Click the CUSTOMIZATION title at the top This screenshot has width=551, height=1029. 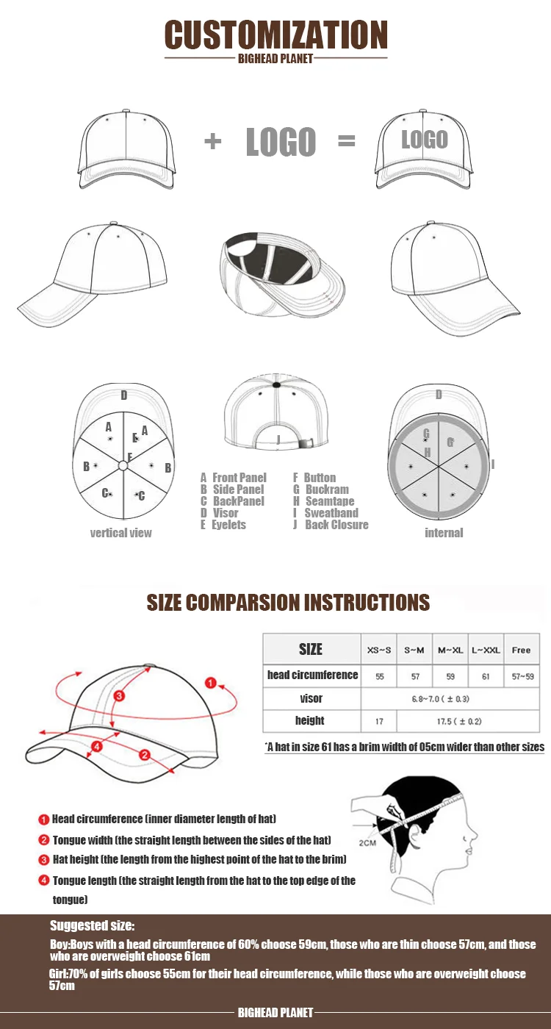(x=275, y=35)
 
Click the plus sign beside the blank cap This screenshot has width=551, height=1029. (x=212, y=141)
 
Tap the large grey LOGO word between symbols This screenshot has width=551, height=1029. (x=281, y=142)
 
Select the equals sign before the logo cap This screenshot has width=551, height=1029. (x=346, y=141)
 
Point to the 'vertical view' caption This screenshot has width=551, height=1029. (x=120, y=533)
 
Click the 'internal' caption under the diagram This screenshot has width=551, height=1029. (x=444, y=533)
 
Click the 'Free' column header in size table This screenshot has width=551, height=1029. (x=521, y=650)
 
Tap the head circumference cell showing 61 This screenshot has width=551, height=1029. (x=486, y=676)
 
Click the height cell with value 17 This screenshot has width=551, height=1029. (x=379, y=721)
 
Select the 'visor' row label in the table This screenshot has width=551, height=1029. (x=311, y=698)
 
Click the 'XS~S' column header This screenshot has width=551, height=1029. (x=379, y=650)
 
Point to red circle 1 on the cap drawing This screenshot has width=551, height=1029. (x=210, y=684)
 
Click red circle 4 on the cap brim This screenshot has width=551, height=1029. (x=96, y=747)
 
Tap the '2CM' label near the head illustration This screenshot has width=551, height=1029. (x=368, y=842)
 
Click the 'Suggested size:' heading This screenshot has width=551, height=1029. (x=93, y=926)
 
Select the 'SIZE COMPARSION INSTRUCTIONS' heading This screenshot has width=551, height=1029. (x=288, y=603)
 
